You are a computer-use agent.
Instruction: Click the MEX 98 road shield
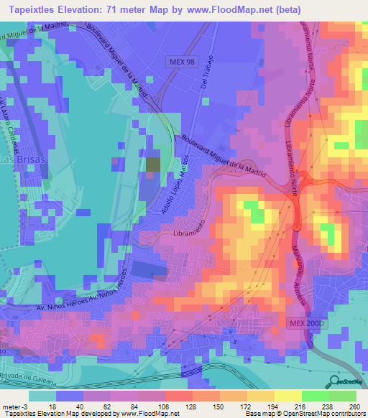[x=183, y=62]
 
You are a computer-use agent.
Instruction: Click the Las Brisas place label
[x=24, y=159]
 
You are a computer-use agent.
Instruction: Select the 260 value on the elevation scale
[x=352, y=407]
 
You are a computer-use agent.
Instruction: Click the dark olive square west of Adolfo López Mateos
[x=153, y=164]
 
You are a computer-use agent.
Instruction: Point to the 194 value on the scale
[x=261, y=407]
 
